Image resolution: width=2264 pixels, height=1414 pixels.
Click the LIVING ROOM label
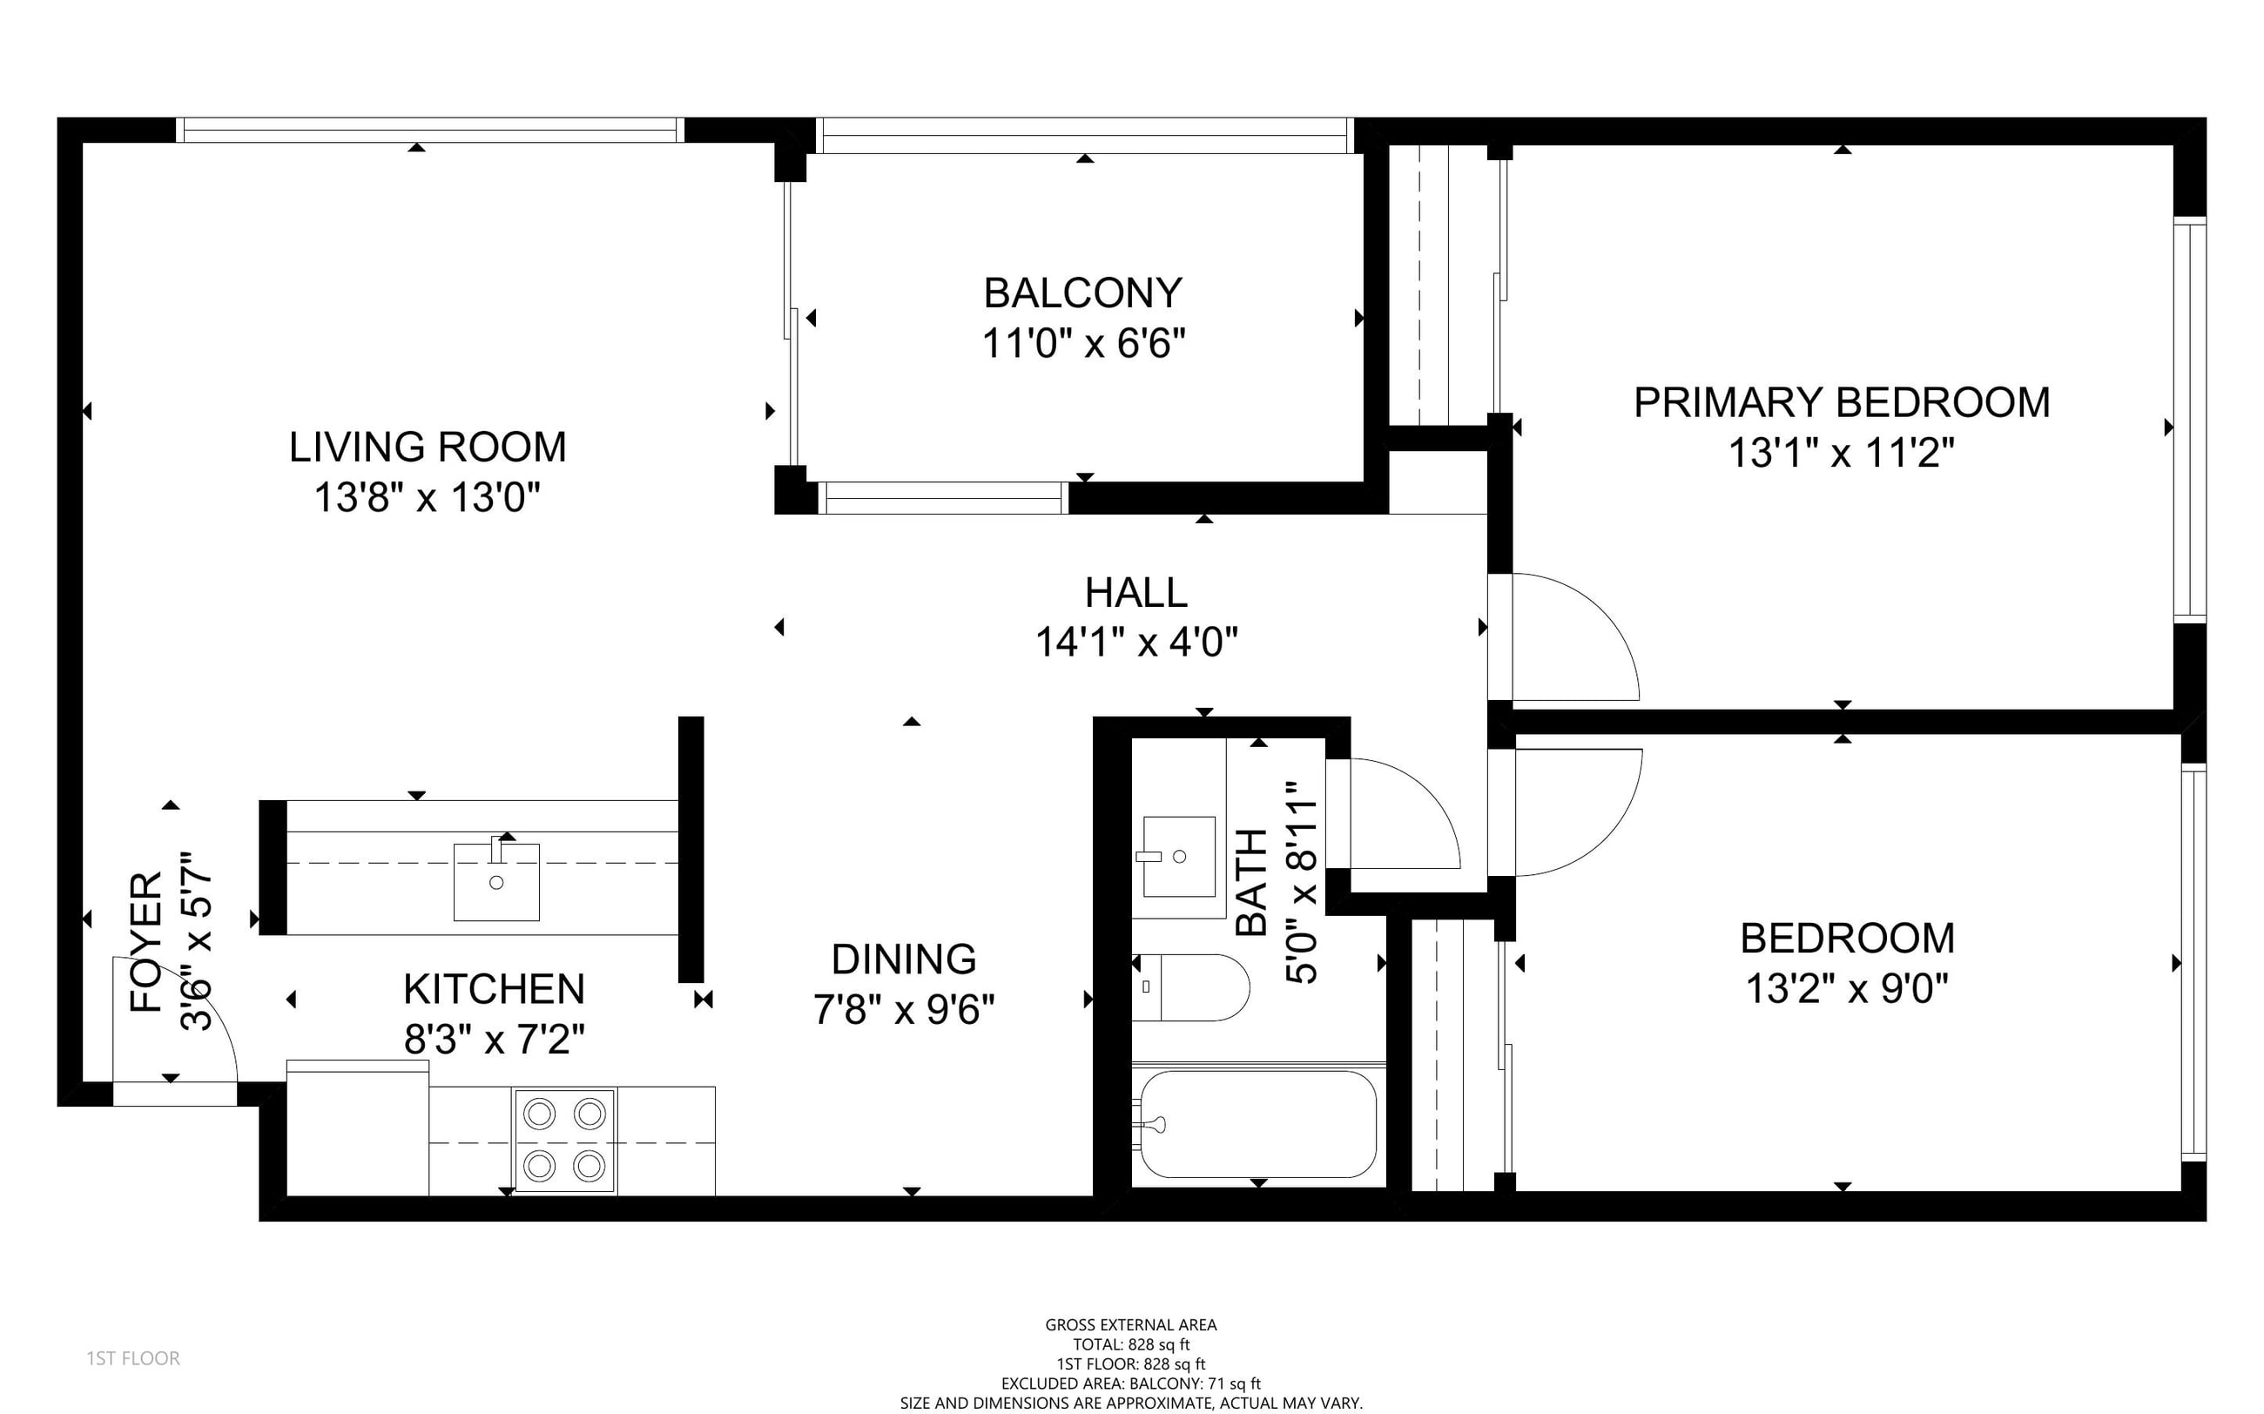click(428, 447)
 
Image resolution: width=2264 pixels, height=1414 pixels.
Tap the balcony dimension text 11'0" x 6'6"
click(1084, 344)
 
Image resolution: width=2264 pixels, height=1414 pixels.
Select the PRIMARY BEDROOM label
click(1842, 402)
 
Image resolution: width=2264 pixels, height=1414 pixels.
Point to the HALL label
click(1136, 592)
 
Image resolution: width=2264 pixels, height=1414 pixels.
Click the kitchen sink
click(496, 882)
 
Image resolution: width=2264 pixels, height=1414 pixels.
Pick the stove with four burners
click(565, 1141)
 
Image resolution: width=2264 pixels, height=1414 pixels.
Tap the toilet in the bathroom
click(1190, 986)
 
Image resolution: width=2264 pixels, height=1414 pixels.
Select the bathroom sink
click(1179, 856)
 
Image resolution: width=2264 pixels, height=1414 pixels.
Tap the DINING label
click(904, 959)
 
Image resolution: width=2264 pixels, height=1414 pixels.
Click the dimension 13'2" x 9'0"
click(1847, 988)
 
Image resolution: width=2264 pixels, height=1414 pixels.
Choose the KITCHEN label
click(494, 988)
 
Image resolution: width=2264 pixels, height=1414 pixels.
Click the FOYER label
click(147, 942)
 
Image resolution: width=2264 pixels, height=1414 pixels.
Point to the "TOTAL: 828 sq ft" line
click(1130, 1345)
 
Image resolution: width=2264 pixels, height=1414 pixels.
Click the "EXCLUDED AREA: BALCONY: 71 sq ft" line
click(1130, 1384)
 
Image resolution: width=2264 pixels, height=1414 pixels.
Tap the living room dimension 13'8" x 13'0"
click(428, 497)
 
